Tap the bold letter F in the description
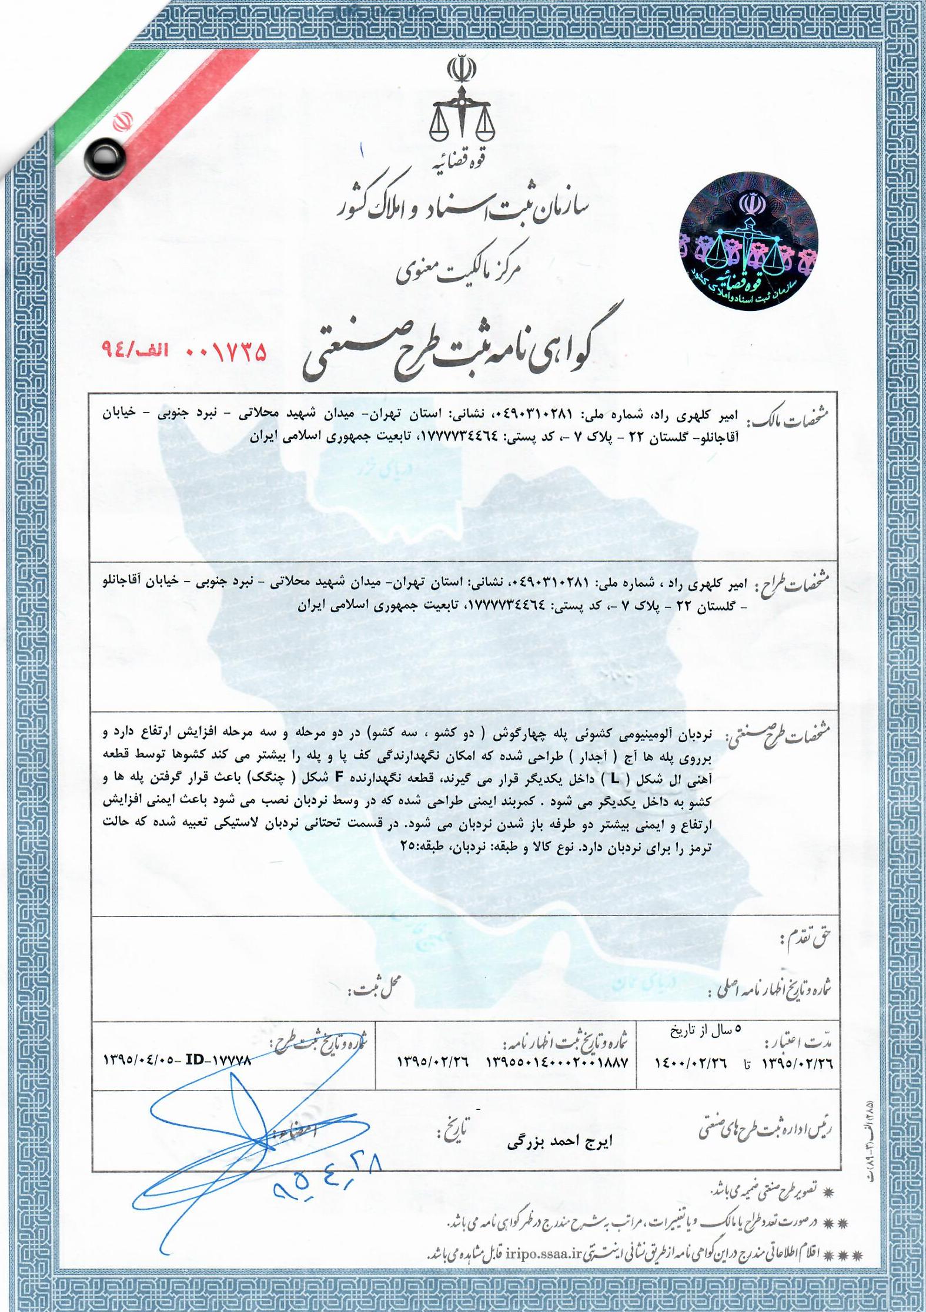click(338, 778)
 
